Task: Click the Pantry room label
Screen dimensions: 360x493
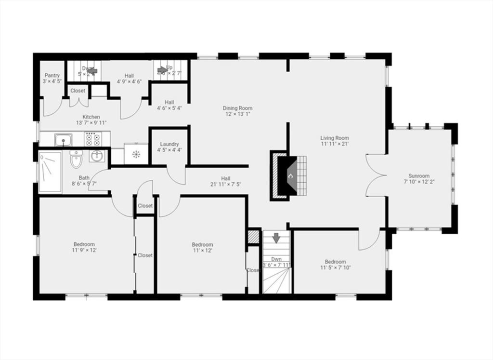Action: pos(52,76)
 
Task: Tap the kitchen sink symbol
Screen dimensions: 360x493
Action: pos(63,140)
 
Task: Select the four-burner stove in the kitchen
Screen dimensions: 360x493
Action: pos(92,140)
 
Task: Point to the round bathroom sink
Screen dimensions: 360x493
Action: pos(97,156)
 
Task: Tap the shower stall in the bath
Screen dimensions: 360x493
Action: pos(50,172)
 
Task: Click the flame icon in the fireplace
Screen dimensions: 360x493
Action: pos(290,176)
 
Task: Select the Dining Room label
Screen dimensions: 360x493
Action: pos(237,108)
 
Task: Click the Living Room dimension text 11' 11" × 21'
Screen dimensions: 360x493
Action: pos(335,144)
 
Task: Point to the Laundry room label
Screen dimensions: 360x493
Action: pos(169,144)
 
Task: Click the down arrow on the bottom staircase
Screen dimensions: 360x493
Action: pos(276,238)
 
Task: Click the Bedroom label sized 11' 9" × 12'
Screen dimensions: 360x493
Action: pos(84,244)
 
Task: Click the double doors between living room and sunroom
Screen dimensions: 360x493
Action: pos(376,175)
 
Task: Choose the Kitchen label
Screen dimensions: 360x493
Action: pos(91,117)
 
